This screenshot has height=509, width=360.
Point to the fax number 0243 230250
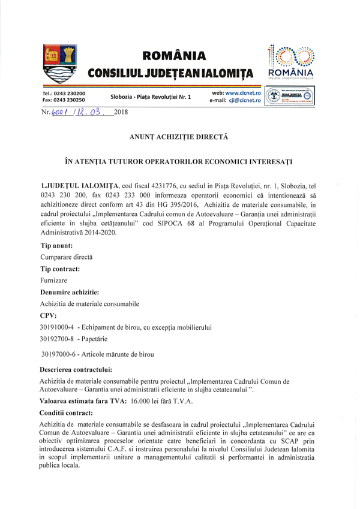click(72, 101)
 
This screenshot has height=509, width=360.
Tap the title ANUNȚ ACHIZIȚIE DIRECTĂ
click(179, 137)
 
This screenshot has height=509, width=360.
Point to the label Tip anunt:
click(58, 246)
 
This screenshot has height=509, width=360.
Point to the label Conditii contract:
click(66, 413)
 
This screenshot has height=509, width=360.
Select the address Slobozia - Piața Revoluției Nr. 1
click(150, 97)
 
